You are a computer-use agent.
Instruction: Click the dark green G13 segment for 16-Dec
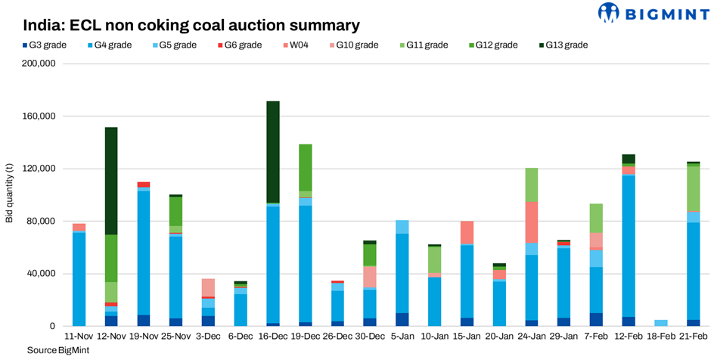tap(273, 151)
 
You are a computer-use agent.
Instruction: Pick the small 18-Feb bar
tap(661, 323)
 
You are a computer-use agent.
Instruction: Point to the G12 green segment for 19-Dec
tap(306, 167)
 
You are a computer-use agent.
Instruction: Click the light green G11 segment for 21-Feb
tap(693, 188)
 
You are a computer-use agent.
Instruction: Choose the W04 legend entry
tap(306, 45)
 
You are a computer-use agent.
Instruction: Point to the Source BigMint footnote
tap(53, 351)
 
